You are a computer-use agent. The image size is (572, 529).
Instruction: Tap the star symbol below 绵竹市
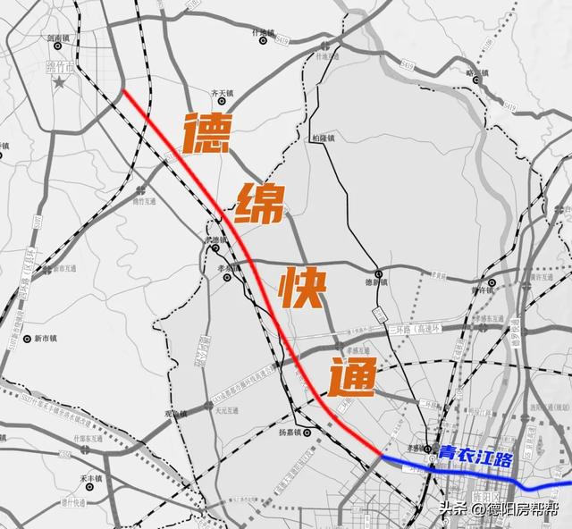click(59, 83)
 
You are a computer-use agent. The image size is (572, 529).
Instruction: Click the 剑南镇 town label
click(58, 38)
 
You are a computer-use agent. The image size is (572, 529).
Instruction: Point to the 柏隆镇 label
click(323, 138)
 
